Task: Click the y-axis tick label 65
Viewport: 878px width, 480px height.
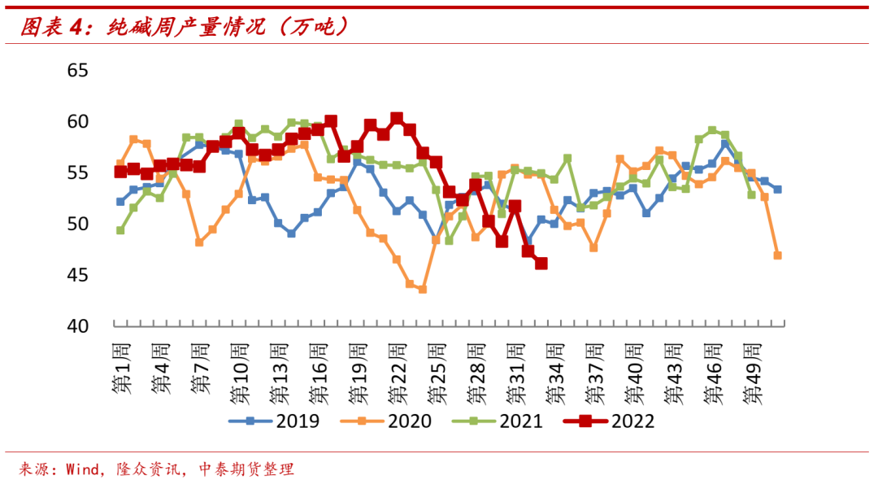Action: click(77, 70)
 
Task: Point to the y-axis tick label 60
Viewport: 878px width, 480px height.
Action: click(77, 121)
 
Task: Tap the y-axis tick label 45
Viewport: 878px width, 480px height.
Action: click(77, 275)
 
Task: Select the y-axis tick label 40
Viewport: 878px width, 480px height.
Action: click(77, 325)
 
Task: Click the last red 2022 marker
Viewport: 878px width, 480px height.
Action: click(541, 264)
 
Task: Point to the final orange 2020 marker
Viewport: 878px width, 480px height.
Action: click(777, 255)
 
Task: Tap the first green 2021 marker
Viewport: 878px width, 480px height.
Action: click(120, 230)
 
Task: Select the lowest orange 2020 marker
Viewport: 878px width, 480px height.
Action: click(423, 289)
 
